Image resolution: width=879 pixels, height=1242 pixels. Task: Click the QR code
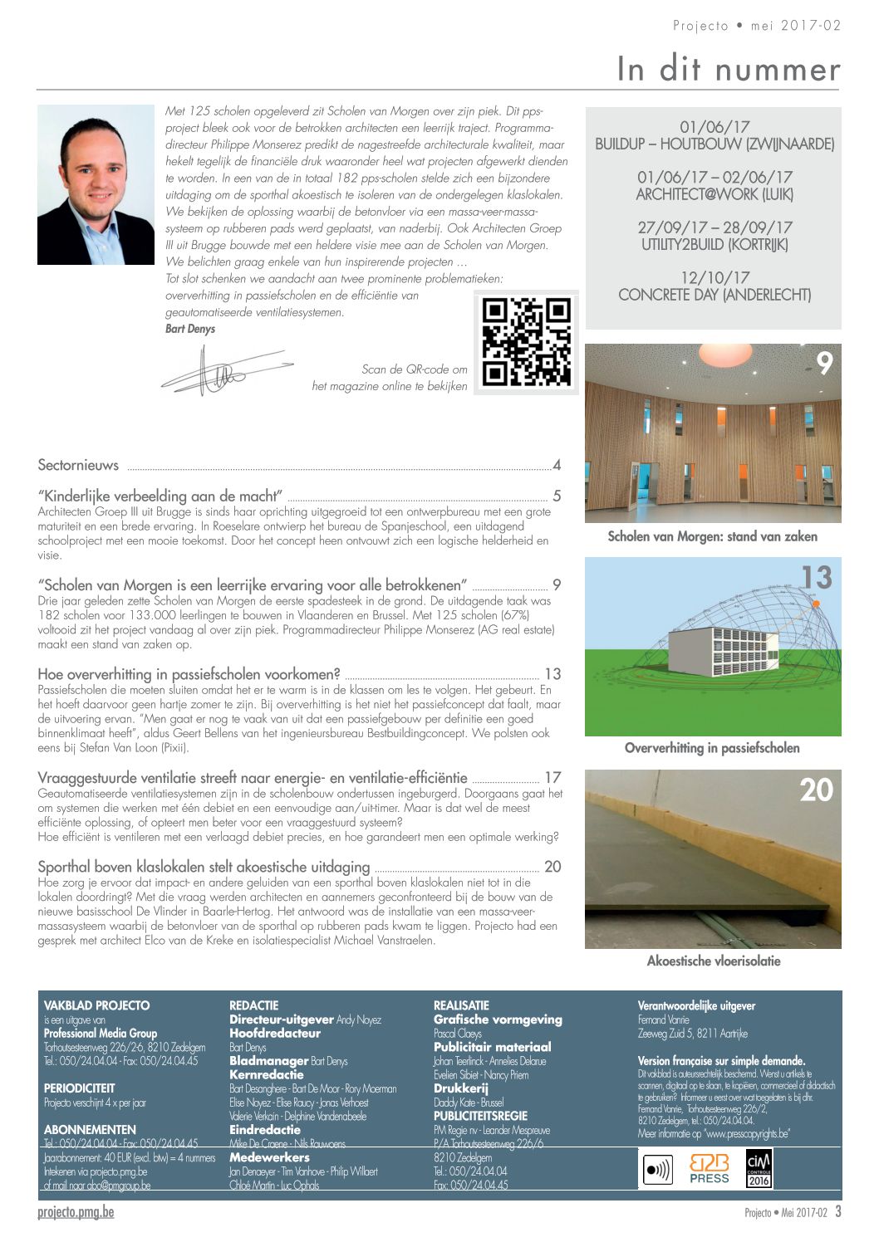526,342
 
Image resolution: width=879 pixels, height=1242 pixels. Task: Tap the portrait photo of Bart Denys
96,185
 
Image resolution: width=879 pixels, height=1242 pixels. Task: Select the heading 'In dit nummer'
728,69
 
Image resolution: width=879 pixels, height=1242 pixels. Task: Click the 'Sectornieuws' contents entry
78,465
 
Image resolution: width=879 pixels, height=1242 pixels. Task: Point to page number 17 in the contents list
552,778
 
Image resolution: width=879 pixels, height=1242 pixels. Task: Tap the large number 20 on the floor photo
815,790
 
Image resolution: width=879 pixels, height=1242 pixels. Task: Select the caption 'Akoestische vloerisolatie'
713,961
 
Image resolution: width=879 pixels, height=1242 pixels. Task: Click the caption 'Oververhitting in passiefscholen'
712,747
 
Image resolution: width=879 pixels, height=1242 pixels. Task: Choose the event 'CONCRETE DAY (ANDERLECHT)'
714,295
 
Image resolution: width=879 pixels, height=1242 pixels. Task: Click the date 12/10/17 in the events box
714,277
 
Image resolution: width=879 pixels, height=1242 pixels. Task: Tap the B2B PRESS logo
709,1168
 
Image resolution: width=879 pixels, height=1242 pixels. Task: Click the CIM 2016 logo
759,1168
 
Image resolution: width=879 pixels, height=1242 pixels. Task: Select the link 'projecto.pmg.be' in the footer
76,1212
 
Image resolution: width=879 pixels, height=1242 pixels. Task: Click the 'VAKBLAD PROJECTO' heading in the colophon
96,1005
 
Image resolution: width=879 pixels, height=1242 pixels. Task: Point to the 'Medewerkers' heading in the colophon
269,1157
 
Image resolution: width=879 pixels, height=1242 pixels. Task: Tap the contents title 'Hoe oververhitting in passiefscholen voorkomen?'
189,674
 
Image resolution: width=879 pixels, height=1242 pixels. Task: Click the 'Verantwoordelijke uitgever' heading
696,1005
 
